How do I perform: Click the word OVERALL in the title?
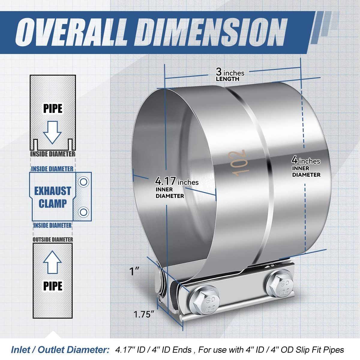pos(70,32)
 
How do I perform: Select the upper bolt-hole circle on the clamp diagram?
pos(83,182)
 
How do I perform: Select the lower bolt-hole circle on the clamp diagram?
pos(83,212)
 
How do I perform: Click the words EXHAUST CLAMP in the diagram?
pos(52,197)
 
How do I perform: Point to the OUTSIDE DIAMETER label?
pos(53,239)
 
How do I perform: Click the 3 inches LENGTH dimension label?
pos(230,74)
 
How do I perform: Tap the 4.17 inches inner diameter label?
pos(177,187)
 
